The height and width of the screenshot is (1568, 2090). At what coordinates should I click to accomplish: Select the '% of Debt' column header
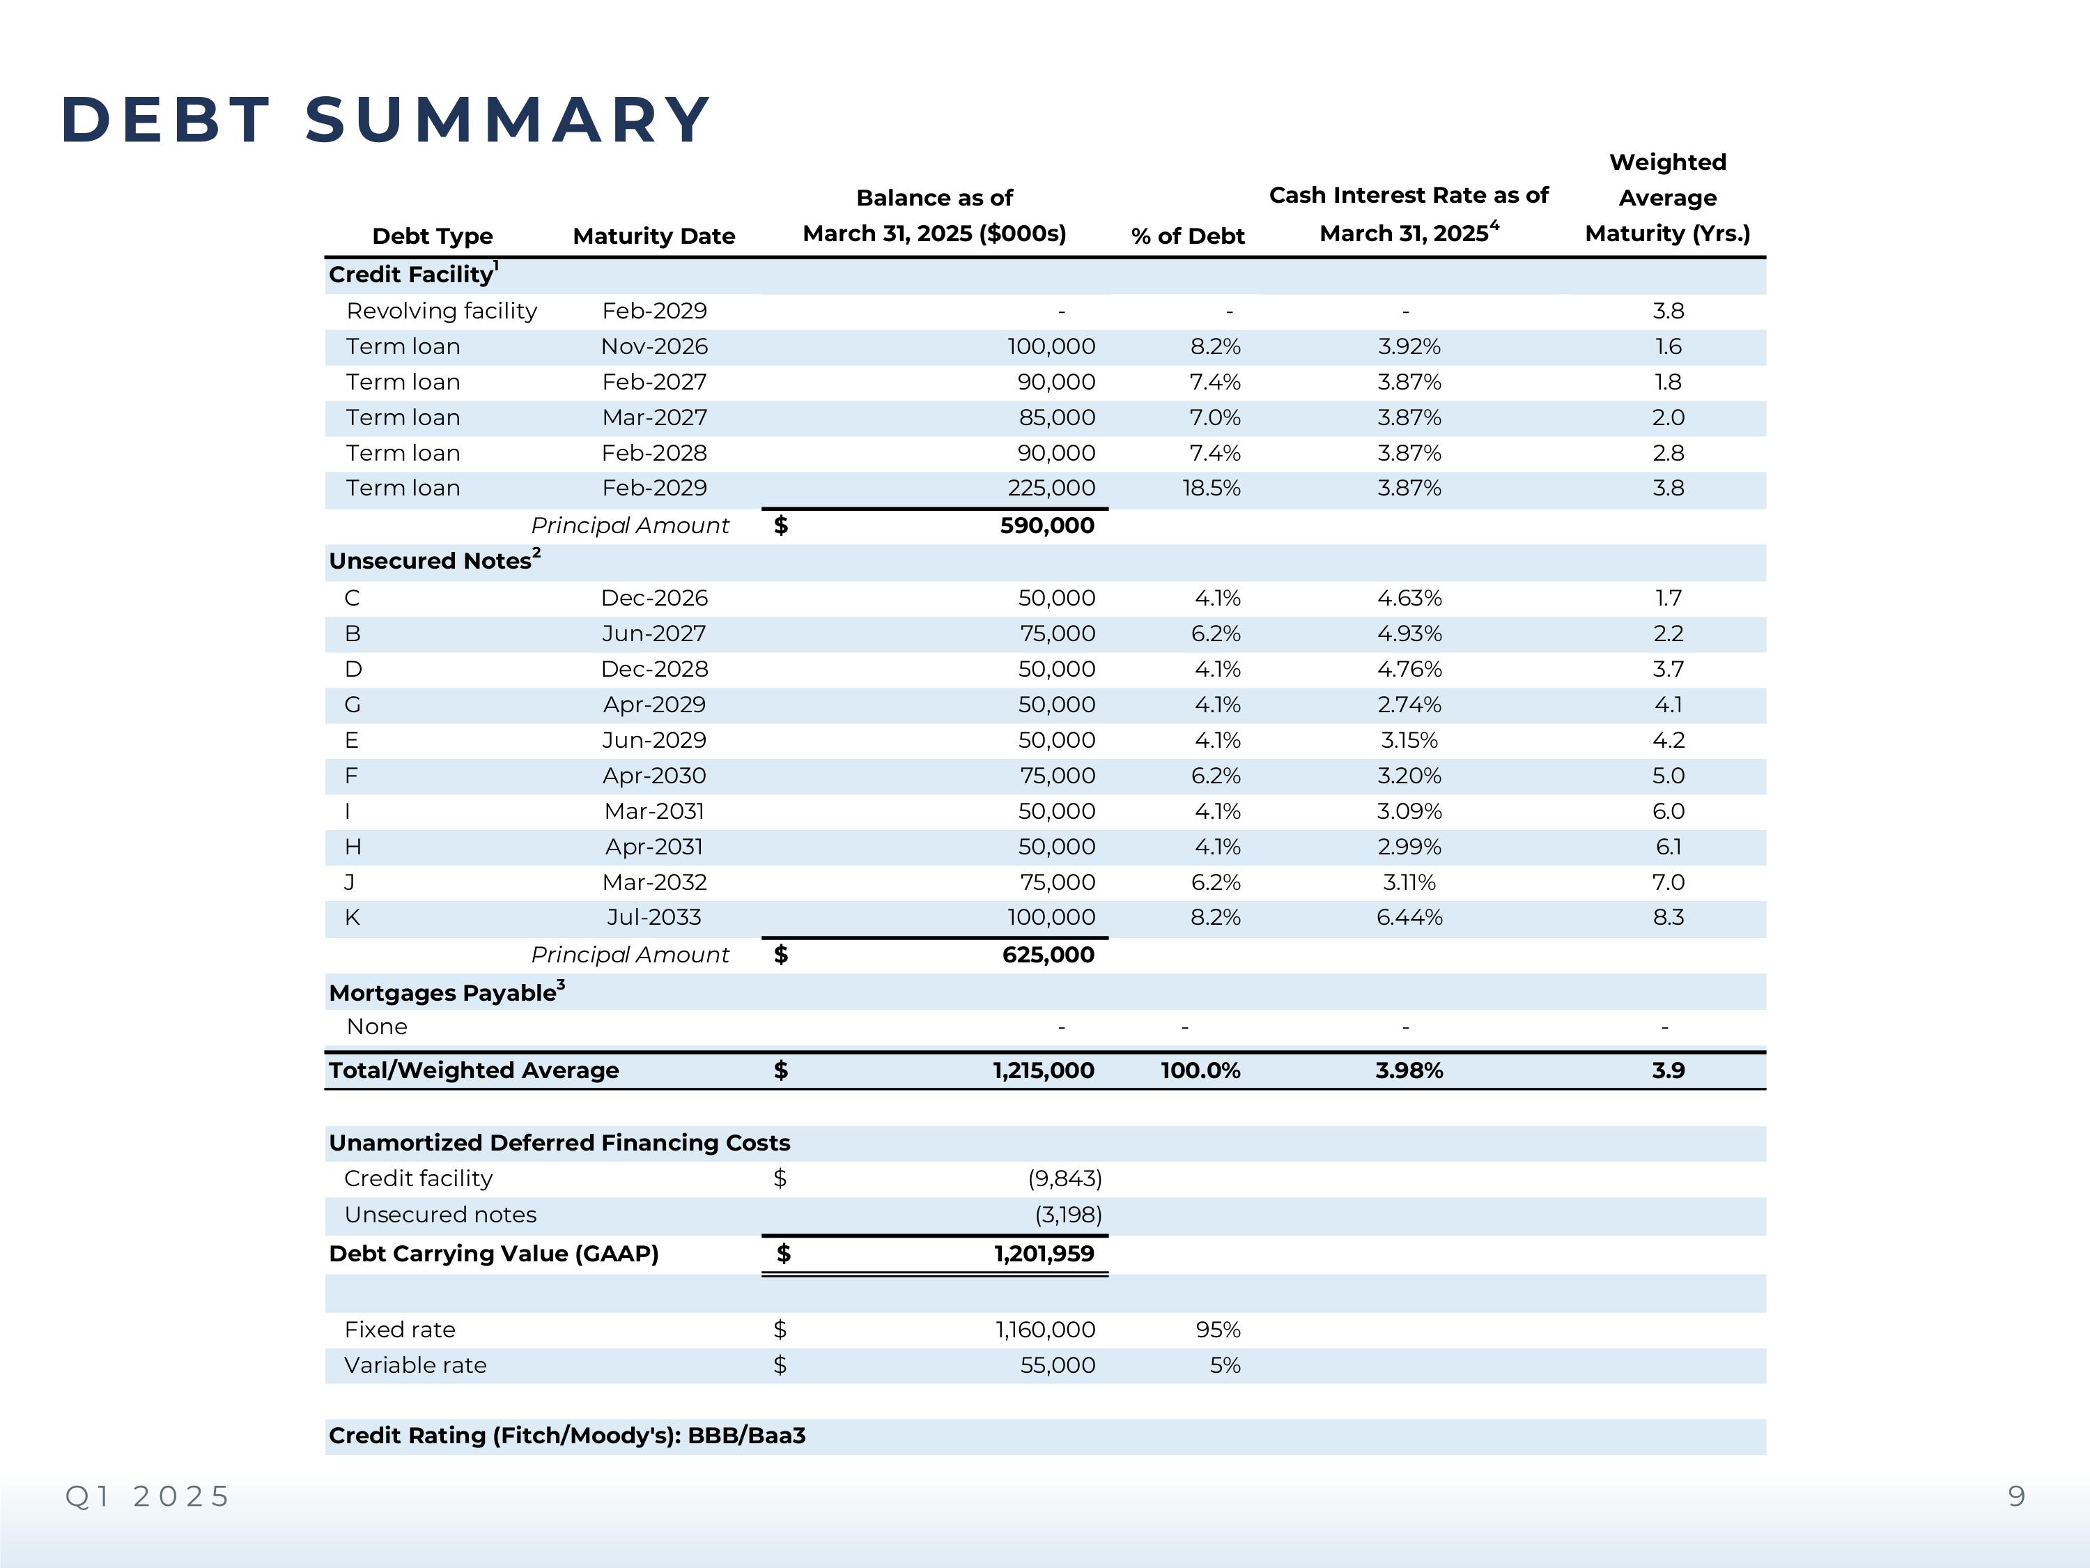point(1188,236)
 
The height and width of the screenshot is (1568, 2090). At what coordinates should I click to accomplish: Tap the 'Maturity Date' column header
point(654,236)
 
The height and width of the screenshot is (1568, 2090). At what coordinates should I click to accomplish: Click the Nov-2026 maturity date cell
point(654,347)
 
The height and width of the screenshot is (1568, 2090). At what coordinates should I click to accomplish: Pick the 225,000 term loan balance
point(1051,489)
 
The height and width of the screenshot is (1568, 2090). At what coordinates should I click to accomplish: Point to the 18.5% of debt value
point(1212,489)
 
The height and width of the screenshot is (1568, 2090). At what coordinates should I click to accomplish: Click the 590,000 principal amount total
point(1047,525)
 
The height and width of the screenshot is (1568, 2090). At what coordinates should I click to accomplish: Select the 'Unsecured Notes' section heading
point(431,562)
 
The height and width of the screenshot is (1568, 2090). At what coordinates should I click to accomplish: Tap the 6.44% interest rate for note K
point(1409,918)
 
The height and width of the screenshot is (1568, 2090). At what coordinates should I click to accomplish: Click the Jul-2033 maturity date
point(654,918)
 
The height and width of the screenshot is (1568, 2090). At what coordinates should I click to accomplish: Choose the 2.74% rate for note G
point(1409,705)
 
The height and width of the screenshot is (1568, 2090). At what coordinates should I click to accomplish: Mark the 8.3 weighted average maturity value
point(1668,918)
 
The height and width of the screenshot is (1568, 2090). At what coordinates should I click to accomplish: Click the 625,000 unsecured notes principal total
point(1048,955)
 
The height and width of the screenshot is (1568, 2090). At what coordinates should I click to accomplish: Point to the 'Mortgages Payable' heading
point(443,993)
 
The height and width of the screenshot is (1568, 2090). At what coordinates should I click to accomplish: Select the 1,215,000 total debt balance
point(1043,1071)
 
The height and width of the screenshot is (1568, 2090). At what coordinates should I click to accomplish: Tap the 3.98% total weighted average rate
point(1409,1071)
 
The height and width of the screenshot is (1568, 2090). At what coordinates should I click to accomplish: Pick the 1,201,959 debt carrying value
point(1043,1254)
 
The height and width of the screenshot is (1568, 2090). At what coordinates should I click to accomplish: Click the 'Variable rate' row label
point(416,1366)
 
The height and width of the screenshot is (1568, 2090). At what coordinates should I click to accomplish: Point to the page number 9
point(2016,1496)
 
